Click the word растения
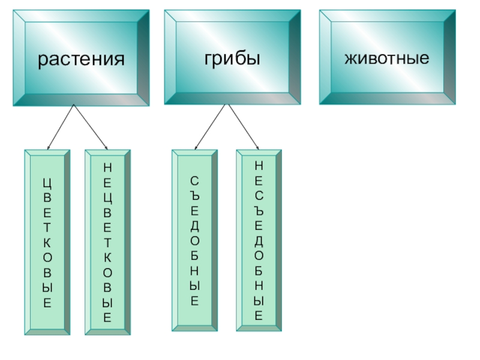(82, 59)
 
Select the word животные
(386, 58)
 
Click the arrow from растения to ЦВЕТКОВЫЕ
(60, 127)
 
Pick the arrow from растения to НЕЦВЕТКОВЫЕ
(90, 127)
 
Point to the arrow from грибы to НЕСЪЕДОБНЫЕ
(243, 127)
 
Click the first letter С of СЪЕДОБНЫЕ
(194, 181)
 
